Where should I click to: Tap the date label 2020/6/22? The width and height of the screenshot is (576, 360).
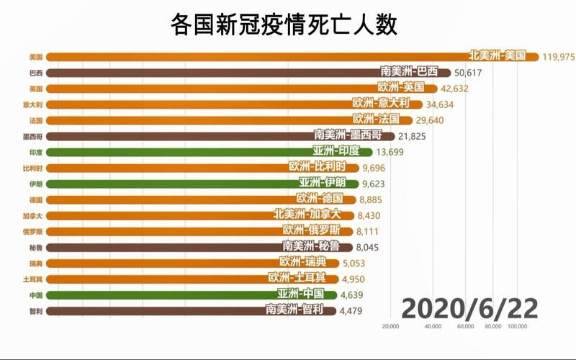pos(469,307)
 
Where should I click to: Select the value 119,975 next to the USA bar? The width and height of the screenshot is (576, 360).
pos(559,57)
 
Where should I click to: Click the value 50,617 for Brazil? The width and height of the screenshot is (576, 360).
pos(472,73)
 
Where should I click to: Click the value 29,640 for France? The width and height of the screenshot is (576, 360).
pos(431,120)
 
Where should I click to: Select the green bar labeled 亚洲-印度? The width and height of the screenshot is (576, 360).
pos(216,151)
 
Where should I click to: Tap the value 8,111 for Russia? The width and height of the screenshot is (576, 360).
pos(372,231)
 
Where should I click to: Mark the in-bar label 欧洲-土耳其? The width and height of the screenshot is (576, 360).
pos(297,277)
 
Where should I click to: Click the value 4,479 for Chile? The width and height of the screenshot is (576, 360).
pos(354,310)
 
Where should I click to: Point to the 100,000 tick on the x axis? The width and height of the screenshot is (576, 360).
pos(516,328)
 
